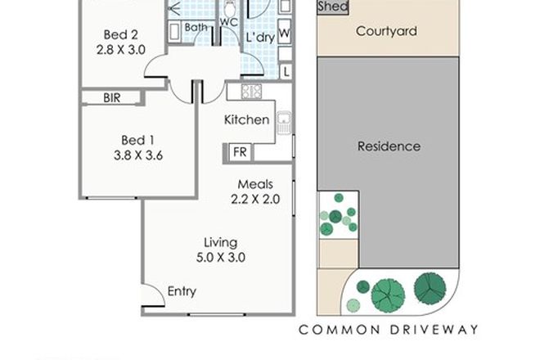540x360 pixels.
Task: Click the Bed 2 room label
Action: (x=122, y=34)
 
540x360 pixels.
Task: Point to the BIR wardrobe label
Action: (x=112, y=97)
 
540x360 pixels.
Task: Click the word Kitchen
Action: (x=247, y=119)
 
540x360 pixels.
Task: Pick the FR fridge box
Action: (x=241, y=151)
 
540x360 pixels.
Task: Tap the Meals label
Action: (x=255, y=184)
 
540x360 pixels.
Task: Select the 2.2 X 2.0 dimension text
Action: (x=255, y=199)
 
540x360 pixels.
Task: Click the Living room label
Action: (x=221, y=242)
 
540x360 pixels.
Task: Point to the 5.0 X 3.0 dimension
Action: (x=221, y=258)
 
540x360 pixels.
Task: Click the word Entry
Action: (x=182, y=291)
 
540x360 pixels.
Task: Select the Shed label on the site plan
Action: (x=332, y=7)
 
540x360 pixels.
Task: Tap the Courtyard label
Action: (x=387, y=32)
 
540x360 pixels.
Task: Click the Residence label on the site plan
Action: (x=389, y=146)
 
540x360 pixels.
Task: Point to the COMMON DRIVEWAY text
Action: (x=388, y=330)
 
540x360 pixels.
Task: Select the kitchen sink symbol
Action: (x=285, y=123)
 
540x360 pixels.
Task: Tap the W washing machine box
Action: (x=285, y=34)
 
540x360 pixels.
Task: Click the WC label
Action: (x=228, y=22)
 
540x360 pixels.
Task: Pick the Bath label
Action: (x=196, y=27)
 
